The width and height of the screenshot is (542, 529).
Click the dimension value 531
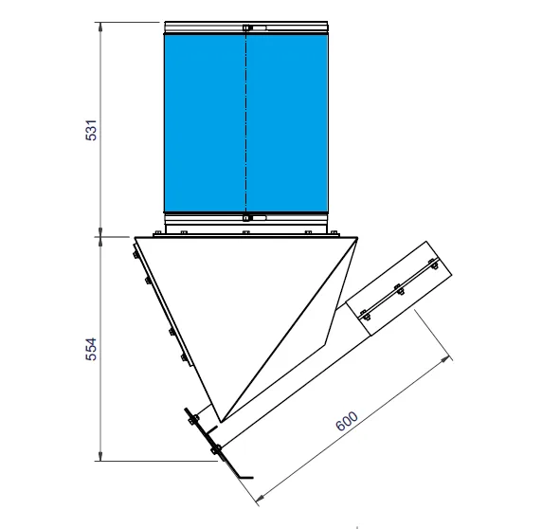coord(91,130)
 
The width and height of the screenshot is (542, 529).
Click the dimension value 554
coord(91,349)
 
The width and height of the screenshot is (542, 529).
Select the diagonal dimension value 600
coord(347,421)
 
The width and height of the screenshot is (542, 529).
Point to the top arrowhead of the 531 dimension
coord(100,27)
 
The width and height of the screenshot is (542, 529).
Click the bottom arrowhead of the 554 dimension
coord(100,456)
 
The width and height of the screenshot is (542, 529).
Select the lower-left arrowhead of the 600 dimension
coord(260,498)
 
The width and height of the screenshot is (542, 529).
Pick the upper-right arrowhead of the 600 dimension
coord(446,360)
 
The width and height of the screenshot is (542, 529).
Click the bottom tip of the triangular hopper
coord(221,422)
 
